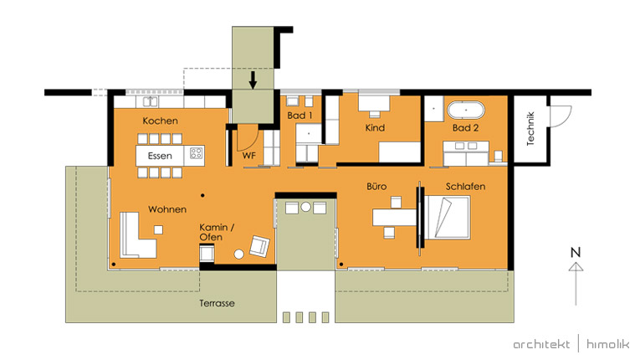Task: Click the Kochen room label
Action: coord(160,121)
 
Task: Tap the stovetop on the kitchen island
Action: coord(197,153)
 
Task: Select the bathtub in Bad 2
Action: coord(466,111)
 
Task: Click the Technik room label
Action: coord(530,129)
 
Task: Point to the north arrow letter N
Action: coord(576,252)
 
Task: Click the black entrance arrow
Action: coord(253,80)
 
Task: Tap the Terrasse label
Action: coord(217,303)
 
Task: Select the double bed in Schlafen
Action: coord(447,218)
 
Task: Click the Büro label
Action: coord(376,187)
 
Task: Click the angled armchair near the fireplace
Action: coord(259,246)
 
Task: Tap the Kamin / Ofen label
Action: coord(217,232)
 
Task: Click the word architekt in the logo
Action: coord(541,344)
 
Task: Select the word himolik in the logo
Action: coord(607,344)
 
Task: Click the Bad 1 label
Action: coord(300,116)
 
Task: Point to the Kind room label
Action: coord(375,128)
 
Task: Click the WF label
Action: coord(249,156)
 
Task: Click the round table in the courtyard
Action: coord(305,207)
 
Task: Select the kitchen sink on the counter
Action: coord(150,101)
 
